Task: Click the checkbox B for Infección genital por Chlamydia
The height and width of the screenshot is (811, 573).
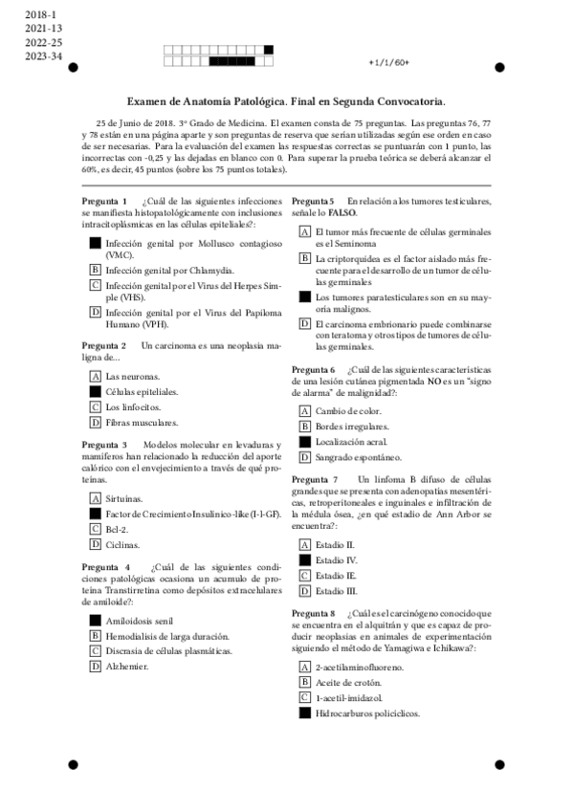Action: tap(95, 271)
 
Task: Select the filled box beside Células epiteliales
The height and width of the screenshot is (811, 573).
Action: tap(95, 392)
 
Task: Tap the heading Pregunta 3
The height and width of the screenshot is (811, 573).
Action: tap(104, 446)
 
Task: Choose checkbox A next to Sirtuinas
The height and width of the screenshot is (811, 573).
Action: tap(95, 499)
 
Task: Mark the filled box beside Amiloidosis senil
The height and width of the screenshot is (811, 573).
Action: tap(95, 621)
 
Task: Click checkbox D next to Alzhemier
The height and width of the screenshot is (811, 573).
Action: tap(95, 666)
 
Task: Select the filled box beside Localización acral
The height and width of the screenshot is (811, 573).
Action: tap(304, 442)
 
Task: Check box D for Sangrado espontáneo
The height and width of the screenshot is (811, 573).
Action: tap(304, 457)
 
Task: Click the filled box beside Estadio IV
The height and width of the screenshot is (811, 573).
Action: tap(304, 560)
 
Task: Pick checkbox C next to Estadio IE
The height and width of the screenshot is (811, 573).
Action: tap(304, 576)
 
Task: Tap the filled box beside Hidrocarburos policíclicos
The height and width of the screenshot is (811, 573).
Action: tap(304, 712)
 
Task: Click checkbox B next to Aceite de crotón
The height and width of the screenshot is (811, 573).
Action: tap(304, 682)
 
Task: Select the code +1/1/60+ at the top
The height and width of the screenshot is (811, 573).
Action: tap(388, 62)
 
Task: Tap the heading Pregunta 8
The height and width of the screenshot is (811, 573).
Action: tap(313, 613)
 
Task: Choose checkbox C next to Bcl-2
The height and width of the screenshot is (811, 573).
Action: tap(95, 529)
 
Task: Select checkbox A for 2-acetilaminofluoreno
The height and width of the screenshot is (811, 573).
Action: tap(304, 667)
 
